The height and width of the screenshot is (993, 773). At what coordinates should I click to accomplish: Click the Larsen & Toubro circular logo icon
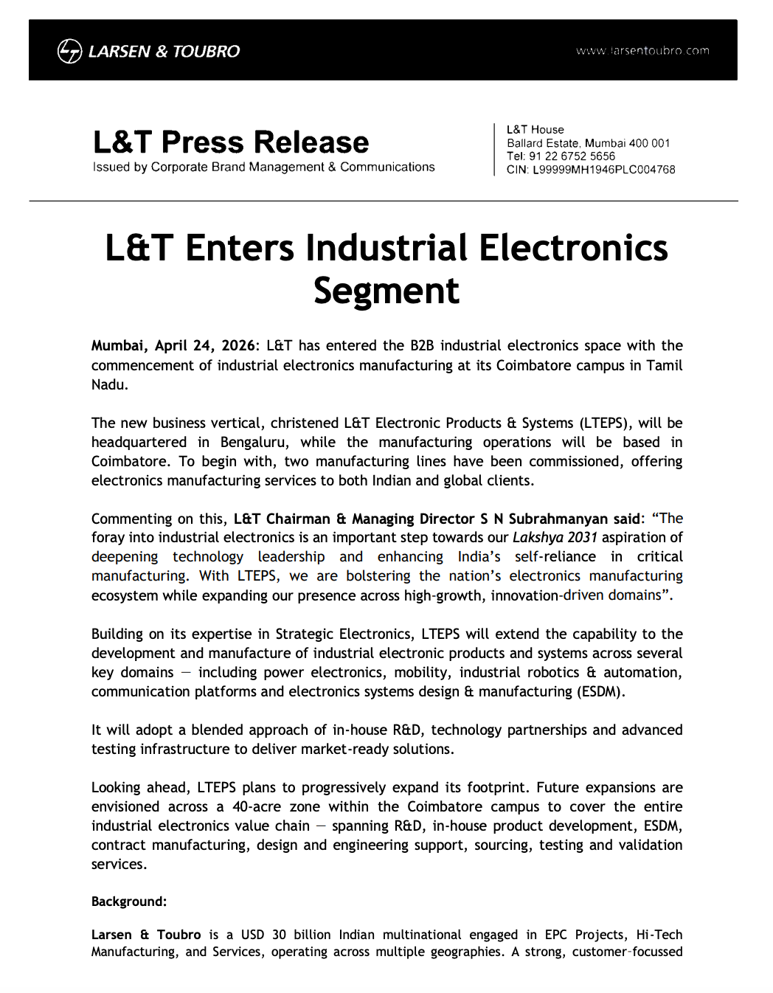(x=69, y=51)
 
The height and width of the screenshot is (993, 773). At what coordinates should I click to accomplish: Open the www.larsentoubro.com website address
(x=642, y=51)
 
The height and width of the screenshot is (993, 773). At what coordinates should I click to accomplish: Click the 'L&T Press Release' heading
(x=231, y=142)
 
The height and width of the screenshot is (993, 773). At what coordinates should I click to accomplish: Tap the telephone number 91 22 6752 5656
(x=572, y=156)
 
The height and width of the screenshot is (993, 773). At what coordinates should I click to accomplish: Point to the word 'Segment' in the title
(x=386, y=291)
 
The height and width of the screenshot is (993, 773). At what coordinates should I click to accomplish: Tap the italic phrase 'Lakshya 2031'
(x=555, y=538)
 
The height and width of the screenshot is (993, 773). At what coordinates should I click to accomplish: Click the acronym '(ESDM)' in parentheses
(x=599, y=691)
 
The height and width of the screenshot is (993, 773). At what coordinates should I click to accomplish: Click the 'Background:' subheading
(x=129, y=902)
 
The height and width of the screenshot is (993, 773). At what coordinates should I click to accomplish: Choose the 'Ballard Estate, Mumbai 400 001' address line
(x=588, y=143)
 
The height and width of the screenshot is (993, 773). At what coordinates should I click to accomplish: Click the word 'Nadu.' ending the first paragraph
(x=110, y=384)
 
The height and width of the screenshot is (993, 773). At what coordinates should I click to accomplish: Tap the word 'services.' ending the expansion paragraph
(x=119, y=864)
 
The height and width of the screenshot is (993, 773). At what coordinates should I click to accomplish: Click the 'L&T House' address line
(x=535, y=130)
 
